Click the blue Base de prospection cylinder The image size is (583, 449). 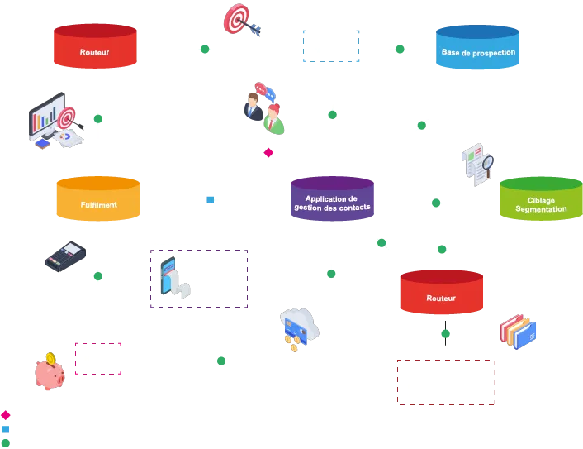coord(478,49)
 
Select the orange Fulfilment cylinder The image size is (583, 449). coord(97,200)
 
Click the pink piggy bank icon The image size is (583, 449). coord(50,374)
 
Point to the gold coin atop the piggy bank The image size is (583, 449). coord(51,358)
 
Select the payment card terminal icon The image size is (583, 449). coord(63,257)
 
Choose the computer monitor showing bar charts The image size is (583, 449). coord(50,122)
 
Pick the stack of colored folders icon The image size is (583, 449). coord(519,332)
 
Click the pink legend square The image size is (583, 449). coord(6,415)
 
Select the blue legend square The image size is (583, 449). coord(6,429)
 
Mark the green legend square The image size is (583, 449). coord(6,442)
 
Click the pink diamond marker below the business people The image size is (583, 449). coord(268,152)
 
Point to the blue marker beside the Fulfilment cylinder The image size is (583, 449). coord(211,198)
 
